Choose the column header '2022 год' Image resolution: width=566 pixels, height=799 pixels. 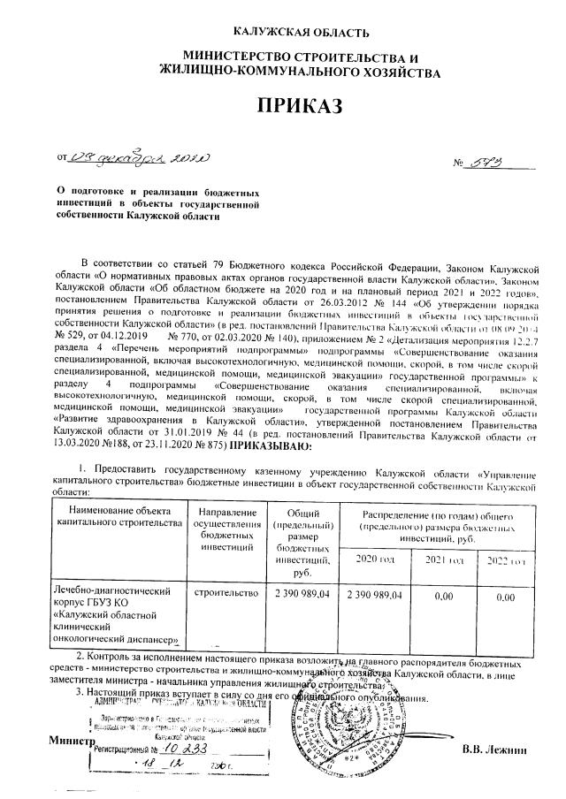[x=507, y=561]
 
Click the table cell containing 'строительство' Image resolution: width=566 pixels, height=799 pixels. [x=224, y=596]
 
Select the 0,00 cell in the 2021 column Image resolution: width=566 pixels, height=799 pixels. [x=440, y=597]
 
